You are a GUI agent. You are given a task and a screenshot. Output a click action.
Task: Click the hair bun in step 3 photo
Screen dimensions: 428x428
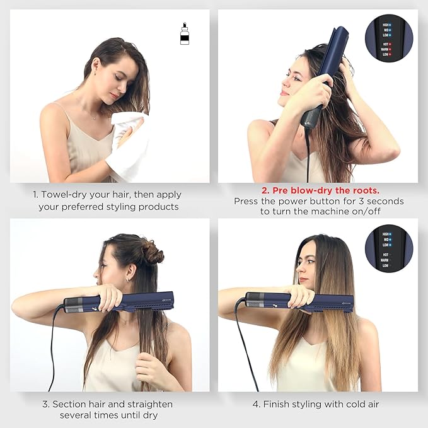151,253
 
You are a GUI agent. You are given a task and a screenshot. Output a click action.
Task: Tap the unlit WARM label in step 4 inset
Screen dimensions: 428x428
383,259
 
